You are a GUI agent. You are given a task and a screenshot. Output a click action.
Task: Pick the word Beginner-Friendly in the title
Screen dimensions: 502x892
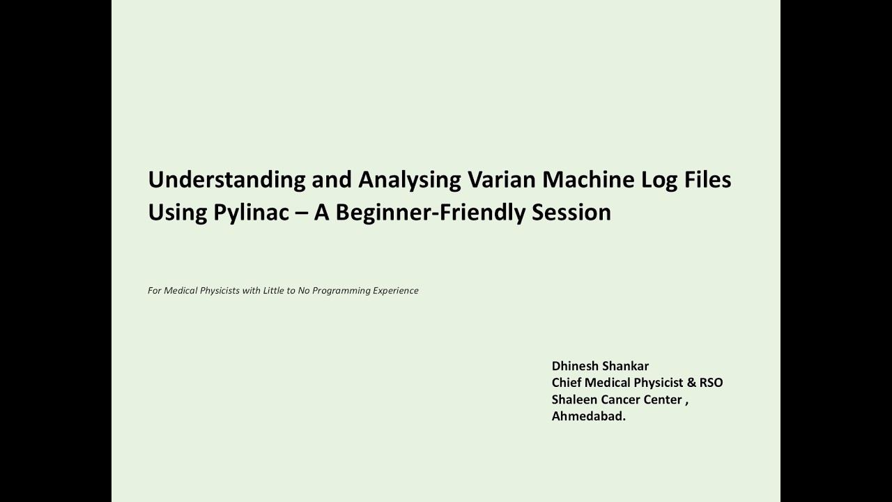430,213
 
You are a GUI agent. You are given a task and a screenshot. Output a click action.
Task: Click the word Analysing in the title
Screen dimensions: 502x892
410,180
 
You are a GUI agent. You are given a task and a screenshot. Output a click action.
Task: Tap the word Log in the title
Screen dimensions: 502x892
658,180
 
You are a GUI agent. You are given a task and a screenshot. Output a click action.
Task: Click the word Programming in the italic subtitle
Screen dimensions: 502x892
341,291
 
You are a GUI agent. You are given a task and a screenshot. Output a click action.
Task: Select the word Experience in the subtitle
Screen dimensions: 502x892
396,291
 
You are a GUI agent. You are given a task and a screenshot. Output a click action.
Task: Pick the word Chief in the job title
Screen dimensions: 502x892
567,383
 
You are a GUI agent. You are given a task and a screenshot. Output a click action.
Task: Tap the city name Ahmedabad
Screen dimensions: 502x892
588,416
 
